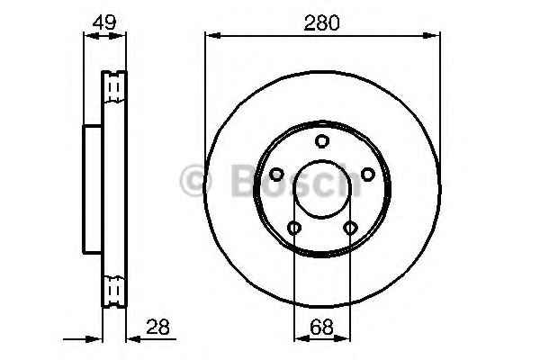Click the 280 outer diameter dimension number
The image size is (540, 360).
coord(321,23)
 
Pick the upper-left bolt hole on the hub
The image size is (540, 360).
coord(275,175)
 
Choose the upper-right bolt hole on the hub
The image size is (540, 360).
coord(367,175)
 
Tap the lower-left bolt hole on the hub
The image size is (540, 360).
coord(293,228)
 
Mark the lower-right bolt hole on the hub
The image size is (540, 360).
coord(349,228)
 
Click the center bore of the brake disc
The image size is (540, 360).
coord(321,188)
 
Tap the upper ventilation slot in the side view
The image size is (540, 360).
coord(113,86)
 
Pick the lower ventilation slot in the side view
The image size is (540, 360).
coord(113,291)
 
